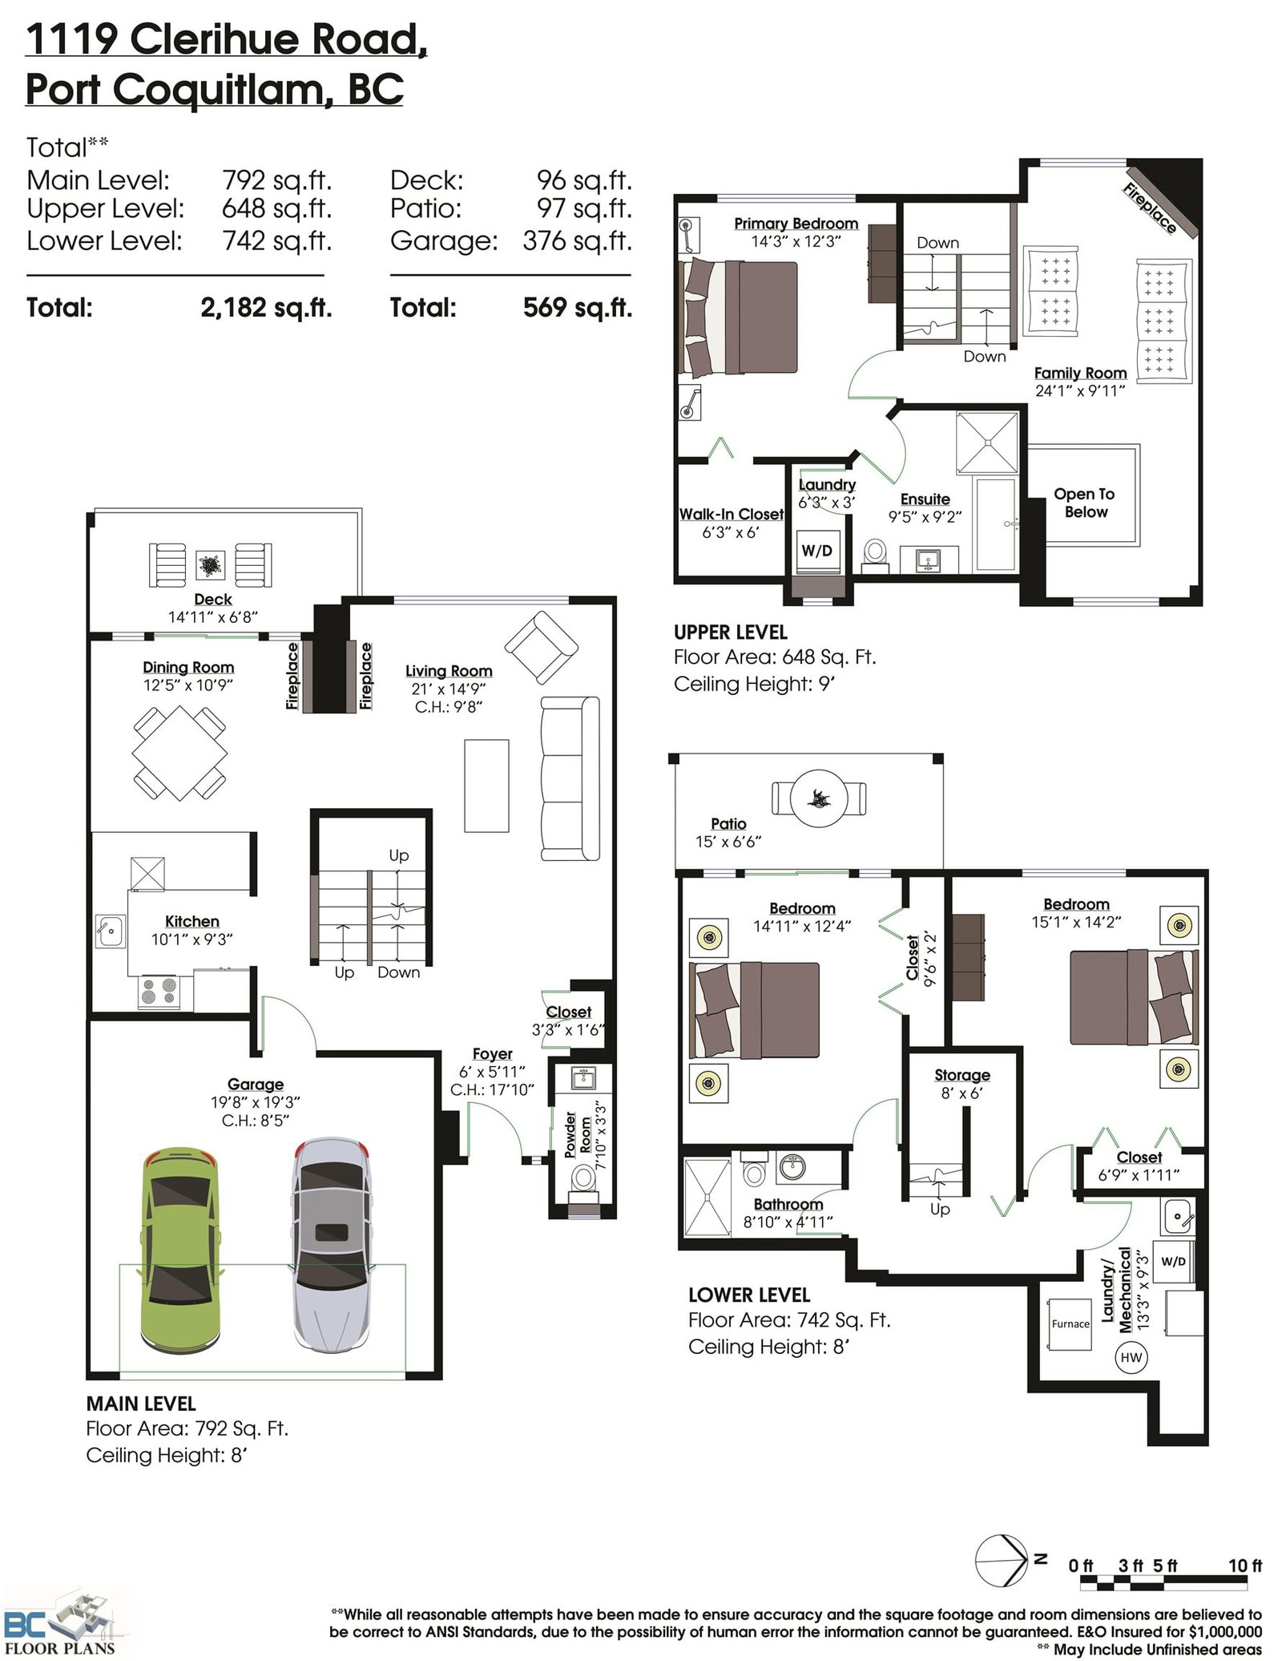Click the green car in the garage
[x=180, y=1249]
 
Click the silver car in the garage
[x=331, y=1244]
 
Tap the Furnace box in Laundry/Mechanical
[x=1070, y=1324]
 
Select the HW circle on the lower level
[x=1131, y=1357]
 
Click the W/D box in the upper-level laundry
[x=818, y=551]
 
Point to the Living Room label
[x=449, y=671]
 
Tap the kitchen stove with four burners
[x=159, y=992]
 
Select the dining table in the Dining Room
[x=179, y=753]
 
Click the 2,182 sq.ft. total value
[x=266, y=308]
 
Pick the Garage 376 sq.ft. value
[x=578, y=240]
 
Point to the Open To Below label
[x=1085, y=503]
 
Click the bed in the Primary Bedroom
[x=738, y=317]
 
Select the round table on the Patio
[x=819, y=798]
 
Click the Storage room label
[x=962, y=1075]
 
